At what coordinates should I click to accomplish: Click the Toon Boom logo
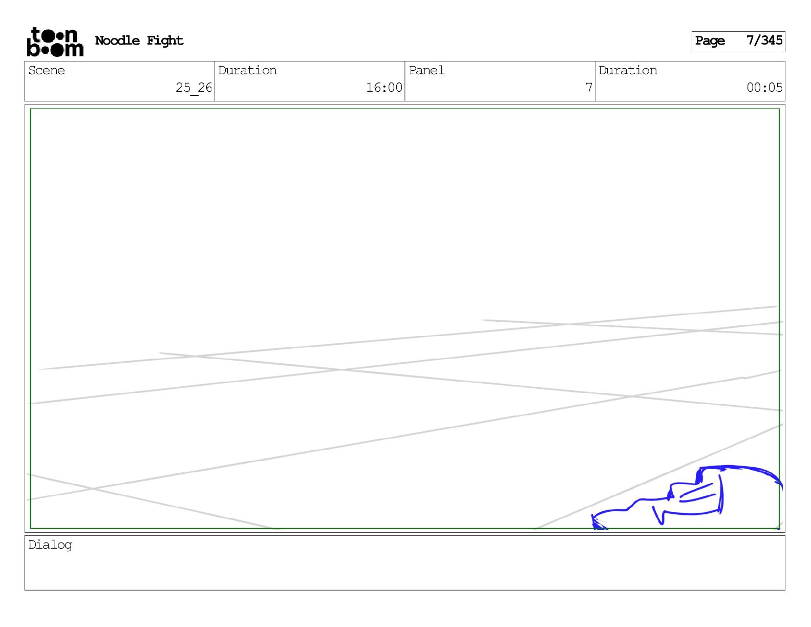[x=55, y=41]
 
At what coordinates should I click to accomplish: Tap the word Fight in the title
[x=165, y=40]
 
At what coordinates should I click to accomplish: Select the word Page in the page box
[x=710, y=41]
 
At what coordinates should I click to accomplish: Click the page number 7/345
[x=764, y=40]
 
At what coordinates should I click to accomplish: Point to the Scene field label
[x=47, y=71]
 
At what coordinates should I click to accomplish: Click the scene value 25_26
[x=193, y=88]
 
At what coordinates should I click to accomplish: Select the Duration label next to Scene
[x=247, y=71]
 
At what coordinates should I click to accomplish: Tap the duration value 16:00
[x=383, y=88]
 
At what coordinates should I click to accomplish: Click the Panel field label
[x=426, y=71]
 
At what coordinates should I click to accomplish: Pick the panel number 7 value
[x=589, y=88]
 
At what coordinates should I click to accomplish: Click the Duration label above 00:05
[x=628, y=71]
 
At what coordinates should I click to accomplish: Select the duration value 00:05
[x=764, y=88]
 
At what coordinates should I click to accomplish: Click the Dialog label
[x=50, y=545]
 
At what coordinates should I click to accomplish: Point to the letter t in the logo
[x=36, y=35]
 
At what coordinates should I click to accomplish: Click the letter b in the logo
[x=33, y=49]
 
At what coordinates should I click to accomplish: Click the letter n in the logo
[x=71, y=36]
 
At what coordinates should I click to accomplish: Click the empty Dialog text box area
[x=404, y=569]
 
